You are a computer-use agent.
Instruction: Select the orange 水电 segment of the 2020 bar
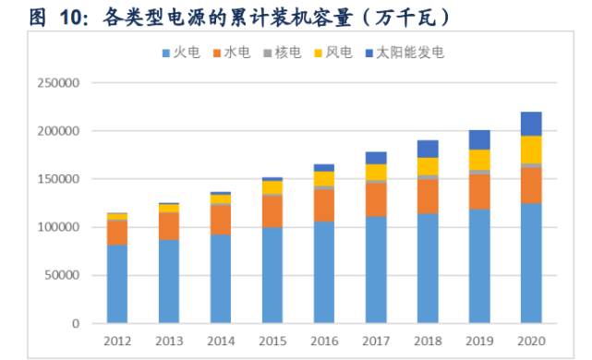coord(530,186)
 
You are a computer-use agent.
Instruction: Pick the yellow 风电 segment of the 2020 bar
coord(530,150)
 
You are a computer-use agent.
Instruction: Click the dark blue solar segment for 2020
coord(530,124)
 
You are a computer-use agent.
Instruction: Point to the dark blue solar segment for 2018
coord(427,149)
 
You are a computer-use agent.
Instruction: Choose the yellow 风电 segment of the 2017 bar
coord(375,172)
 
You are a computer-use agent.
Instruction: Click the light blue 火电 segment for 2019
coord(478,267)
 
